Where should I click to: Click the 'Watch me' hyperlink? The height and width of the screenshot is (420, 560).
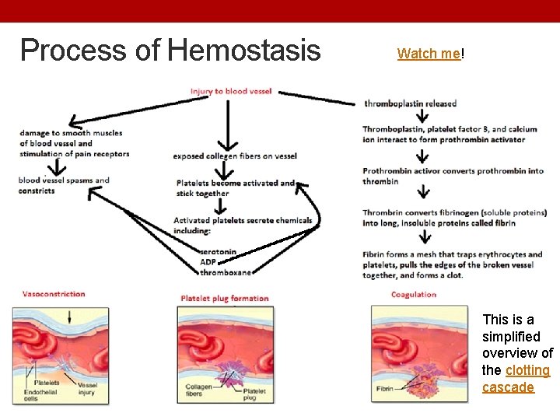pyautogui.click(x=429, y=54)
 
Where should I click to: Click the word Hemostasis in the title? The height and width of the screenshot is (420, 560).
pyautogui.click(x=243, y=51)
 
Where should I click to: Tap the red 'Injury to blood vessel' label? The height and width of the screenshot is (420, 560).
pyautogui.click(x=231, y=91)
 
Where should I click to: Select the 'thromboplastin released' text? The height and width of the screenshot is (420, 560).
pyautogui.click(x=410, y=103)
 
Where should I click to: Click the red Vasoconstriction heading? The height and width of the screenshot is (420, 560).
pyautogui.click(x=54, y=294)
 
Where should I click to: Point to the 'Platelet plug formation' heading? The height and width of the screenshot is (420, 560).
pyautogui.click(x=224, y=298)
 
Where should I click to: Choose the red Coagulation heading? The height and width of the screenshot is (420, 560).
pyautogui.click(x=413, y=295)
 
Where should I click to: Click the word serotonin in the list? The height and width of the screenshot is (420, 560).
pyautogui.click(x=218, y=252)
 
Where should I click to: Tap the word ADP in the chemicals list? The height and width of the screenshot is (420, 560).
pyautogui.click(x=208, y=262)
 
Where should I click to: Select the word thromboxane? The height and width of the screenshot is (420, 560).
pyautogui.click(x=226, y=272)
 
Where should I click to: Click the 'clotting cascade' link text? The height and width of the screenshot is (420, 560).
pyautogui.click(x=516, y=379)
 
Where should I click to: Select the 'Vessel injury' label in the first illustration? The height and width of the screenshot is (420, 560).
pyautogui.click(x=87, y=388)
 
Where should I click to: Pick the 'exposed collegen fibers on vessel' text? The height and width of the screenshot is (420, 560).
pyautogui.click(x=235, y=156)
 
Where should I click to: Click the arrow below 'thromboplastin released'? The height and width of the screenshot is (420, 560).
pyautogui.click(x=422, y=117)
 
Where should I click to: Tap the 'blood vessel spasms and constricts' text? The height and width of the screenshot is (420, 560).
pyautogui.click(x=64, y=185)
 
